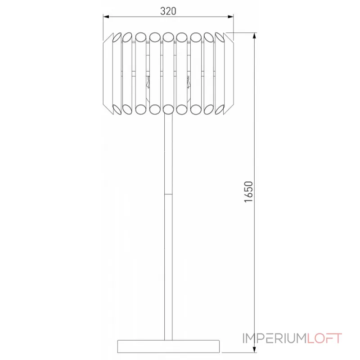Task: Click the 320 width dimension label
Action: (x=168, y=11)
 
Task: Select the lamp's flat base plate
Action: (x=169, y=346)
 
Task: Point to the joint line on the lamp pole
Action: (x=169, y=194)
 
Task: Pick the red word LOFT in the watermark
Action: (x=325, y=338)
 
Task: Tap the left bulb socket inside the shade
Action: (x=148, y=83)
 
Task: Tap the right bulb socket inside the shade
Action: (x=187, y=83)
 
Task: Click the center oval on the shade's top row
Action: (x=169, y=36)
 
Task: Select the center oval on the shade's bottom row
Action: (x=169, y=108)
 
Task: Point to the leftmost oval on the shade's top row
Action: (x=116, y=37)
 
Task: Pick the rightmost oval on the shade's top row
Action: (x=221, y=37)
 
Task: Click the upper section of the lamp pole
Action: (x=169, y=153)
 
